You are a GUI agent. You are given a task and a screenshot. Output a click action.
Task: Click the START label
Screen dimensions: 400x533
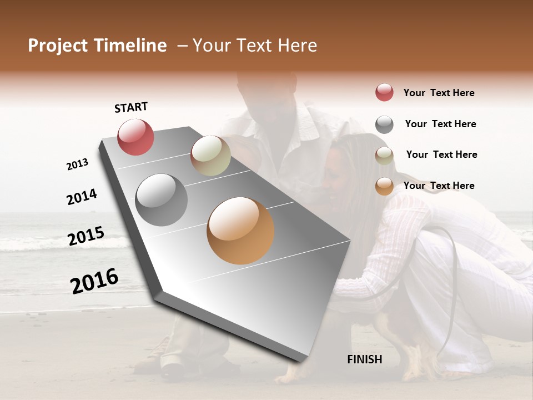point(131,107)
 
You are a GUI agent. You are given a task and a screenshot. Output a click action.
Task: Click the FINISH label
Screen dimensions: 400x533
point(364,359)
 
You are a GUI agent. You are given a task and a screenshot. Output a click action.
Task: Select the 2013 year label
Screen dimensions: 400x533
point(77,164)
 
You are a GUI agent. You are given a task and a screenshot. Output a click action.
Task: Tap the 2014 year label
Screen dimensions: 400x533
point(82,197)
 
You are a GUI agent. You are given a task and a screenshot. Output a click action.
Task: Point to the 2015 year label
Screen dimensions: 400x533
point(86,236)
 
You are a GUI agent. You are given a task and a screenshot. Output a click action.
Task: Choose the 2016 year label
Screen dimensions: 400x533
point(94,281)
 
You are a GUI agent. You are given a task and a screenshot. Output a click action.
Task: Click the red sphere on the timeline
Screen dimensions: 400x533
point(135,137)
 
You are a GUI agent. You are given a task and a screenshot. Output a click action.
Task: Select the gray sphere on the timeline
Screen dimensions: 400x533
point(161,200)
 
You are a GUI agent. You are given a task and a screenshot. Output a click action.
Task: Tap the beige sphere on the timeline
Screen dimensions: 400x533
point(210,156)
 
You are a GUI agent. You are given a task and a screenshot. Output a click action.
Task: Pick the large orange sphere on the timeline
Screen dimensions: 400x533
point(240,231)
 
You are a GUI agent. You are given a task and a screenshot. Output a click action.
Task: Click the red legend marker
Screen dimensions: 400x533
point(384,93)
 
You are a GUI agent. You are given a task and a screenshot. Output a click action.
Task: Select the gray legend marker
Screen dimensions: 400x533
point(384,124)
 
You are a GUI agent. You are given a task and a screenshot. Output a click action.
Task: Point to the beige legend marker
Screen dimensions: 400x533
point(384,156)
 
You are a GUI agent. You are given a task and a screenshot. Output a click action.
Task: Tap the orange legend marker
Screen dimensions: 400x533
point(384,186)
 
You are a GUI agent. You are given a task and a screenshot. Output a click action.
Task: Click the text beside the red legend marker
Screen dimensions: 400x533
point(439,93)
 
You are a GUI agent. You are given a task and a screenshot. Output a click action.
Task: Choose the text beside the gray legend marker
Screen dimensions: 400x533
point(440,124)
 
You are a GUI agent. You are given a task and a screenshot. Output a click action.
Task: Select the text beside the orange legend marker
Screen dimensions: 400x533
point(439,186)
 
